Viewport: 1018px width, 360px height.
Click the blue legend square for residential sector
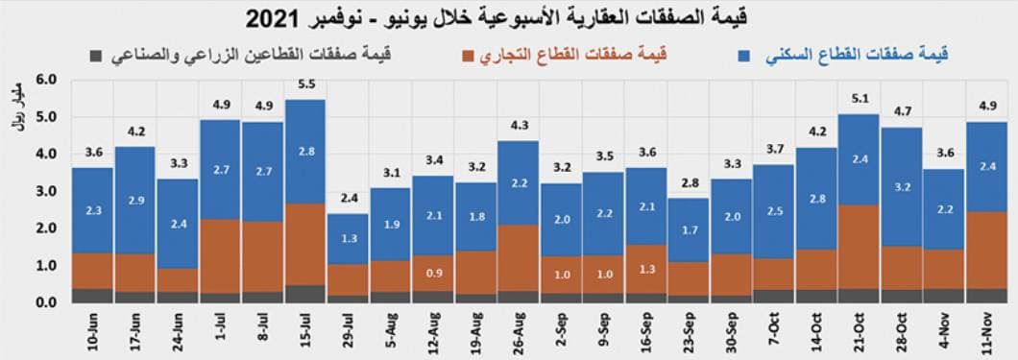(744, 55)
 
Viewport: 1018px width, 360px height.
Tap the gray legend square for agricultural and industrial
(94, 55)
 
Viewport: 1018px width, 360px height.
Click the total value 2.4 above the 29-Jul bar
(348, 199)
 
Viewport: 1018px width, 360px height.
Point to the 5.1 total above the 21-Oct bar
(860, 99)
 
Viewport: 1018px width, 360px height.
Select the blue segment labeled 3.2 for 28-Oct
(902, 186)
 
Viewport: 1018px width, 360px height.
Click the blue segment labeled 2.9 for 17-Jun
(135, 200)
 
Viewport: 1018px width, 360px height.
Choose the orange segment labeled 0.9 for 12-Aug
(433, 273)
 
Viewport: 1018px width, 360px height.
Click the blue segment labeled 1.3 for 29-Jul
(348, 238)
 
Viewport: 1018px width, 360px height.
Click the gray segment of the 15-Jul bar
(305, 294)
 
